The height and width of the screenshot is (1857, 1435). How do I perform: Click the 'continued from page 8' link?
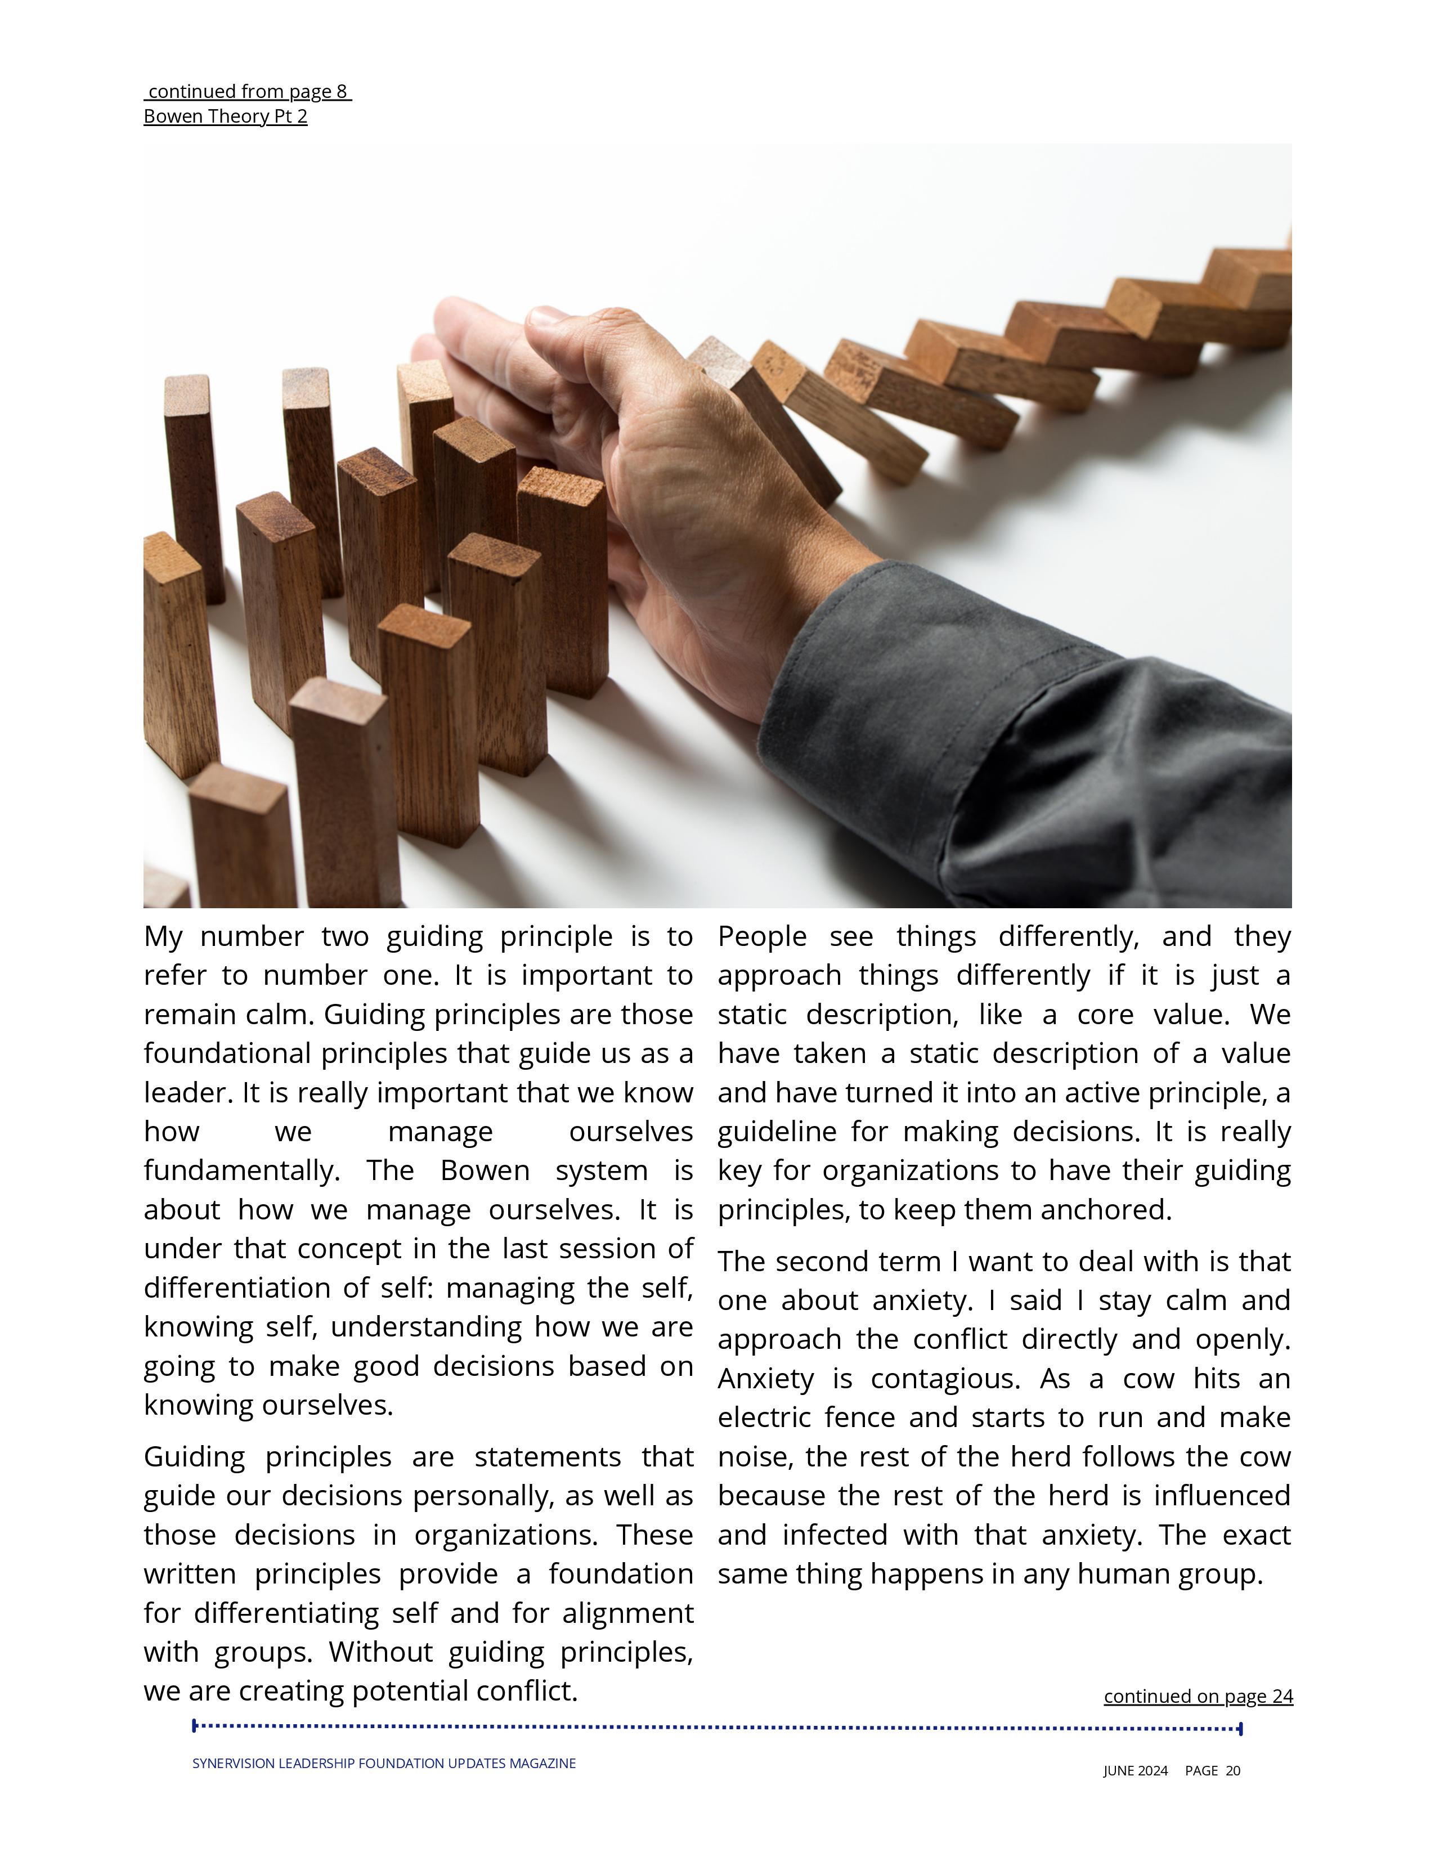coord(248,91)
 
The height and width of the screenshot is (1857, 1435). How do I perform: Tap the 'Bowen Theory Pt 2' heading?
coord(225,116)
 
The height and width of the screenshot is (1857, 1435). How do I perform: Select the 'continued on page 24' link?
coord(1198,1695)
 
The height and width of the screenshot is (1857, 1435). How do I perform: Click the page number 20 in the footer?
coord(1232,1770)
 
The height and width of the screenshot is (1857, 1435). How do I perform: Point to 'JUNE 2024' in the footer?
coord(1135,1770)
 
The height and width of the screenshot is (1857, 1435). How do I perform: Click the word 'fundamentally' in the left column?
coord(241,1171)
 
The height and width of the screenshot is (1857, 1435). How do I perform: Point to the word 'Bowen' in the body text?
coord(485,1171)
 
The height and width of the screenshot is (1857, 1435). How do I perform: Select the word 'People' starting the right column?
coord(762,936)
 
